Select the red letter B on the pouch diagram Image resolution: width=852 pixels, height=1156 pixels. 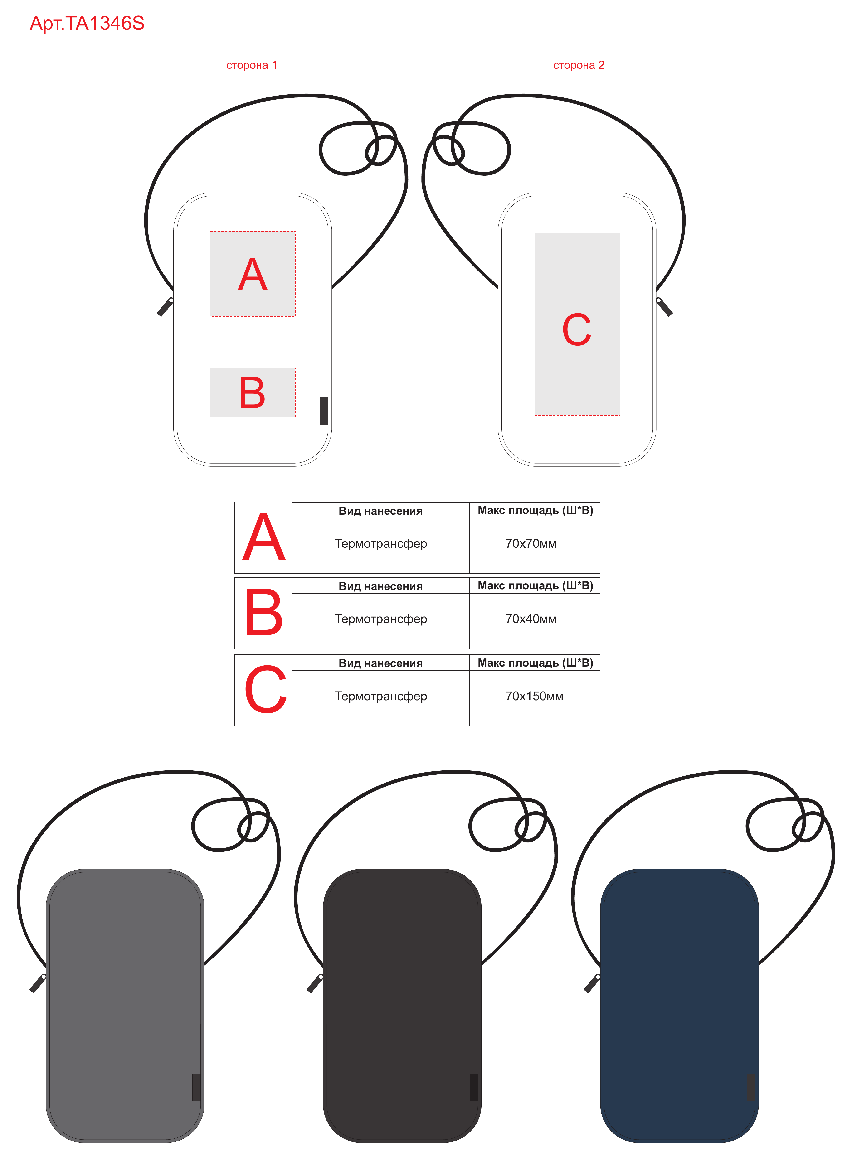(x=252, y=392)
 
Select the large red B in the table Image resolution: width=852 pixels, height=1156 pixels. (x=264, y=613)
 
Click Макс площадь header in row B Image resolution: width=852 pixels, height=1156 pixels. (x=535, y=586)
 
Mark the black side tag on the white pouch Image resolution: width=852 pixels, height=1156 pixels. (x=324, y=411)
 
